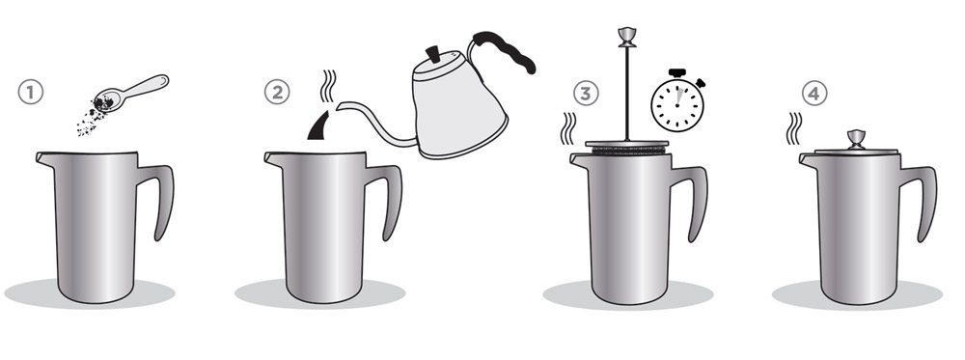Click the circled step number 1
point(30,93)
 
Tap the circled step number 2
point(277,93)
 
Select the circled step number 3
point(586,94)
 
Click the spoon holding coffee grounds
point(129,93)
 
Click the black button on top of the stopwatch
point(677,72)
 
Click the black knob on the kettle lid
point(434,54)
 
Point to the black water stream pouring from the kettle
point(320,126)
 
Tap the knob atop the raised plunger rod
point(626,37)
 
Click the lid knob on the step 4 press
point(856,139)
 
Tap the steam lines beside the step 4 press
point(794,128)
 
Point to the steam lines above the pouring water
point(329,86)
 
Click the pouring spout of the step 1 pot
point(44,158)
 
